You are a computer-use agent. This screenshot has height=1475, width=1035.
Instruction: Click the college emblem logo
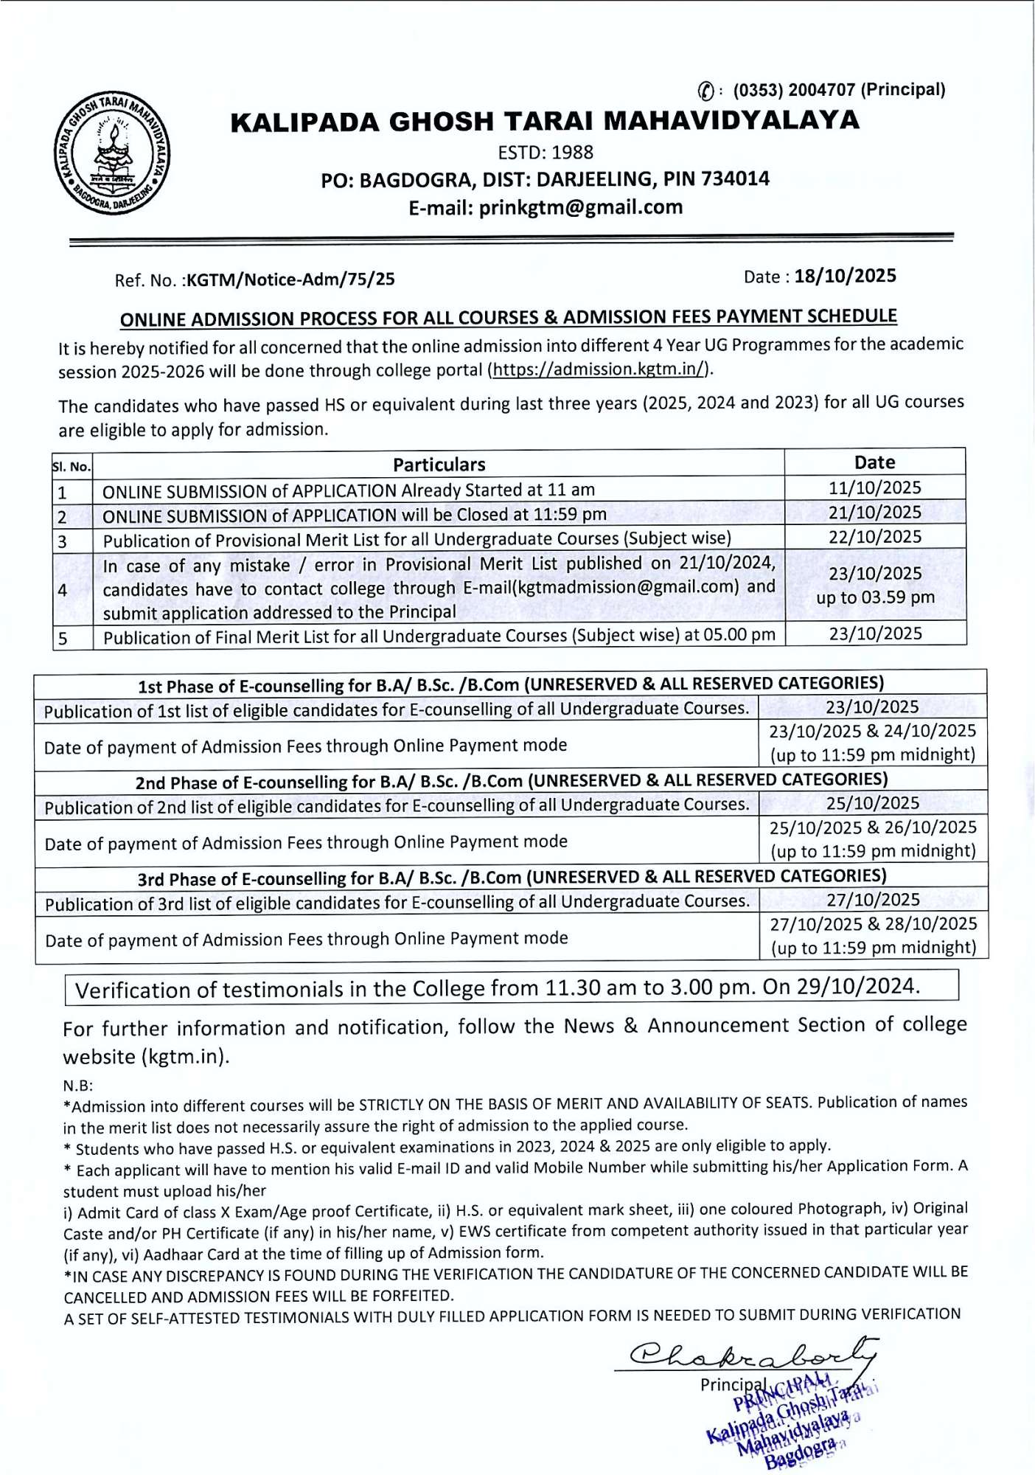click(x=112, y=154)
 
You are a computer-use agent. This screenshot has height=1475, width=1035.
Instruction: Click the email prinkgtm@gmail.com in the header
click(x=581, y=207)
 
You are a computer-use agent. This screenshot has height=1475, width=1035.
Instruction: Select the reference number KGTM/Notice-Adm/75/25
click(x=290, y=280)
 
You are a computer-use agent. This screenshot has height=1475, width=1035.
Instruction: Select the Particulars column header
click(x=439, y=464)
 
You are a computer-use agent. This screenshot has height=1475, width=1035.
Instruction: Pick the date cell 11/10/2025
click(x=875, y=487)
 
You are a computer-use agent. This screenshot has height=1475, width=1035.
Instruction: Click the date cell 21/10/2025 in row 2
click(x=875, y=512)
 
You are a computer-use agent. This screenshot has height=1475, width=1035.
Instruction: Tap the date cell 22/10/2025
click(x=875, y=536)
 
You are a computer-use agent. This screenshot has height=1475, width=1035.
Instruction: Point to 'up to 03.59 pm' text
click(x=875, y=597)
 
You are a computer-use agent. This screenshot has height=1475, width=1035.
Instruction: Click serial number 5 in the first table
click(x=63, y=638)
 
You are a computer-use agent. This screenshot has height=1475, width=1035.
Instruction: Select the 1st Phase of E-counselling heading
click(x=510, y=684)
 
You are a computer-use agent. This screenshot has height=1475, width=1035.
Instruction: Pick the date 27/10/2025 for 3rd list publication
click(x=873, y=899)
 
